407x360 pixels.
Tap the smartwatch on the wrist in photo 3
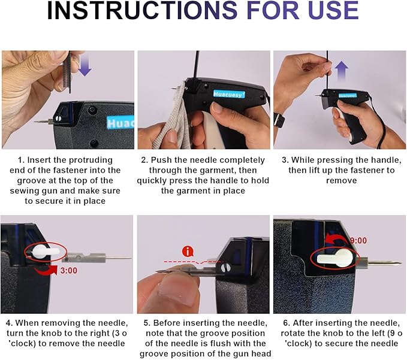click(279, 120)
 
